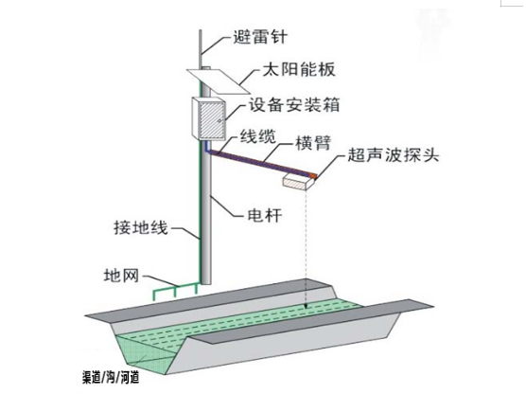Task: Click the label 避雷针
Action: click(x=260, y=37)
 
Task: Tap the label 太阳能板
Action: click(x=299, y=70)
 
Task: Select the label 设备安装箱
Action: click(x=294, y=105)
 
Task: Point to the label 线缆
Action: click(x=258, y=136)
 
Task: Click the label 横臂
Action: click(x=313, y=143)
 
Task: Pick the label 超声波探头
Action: click(x=394, y=155)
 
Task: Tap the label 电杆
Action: click(x=265, y=215)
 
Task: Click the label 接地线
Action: click(x=141, y=228)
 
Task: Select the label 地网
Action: click(x=121, y=277)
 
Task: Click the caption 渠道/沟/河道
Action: click(x=111, y=377)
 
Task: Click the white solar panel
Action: click(x=219, y=81)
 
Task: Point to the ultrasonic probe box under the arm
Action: click(x=299, y=182)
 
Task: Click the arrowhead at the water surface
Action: click(x=306, y=305)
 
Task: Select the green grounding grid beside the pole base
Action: click(x=175, y=291)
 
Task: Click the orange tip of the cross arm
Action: click(x=312, y=175)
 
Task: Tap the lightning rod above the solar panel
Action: click(x=201, y=49)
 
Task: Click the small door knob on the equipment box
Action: click(x=219, y=120)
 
